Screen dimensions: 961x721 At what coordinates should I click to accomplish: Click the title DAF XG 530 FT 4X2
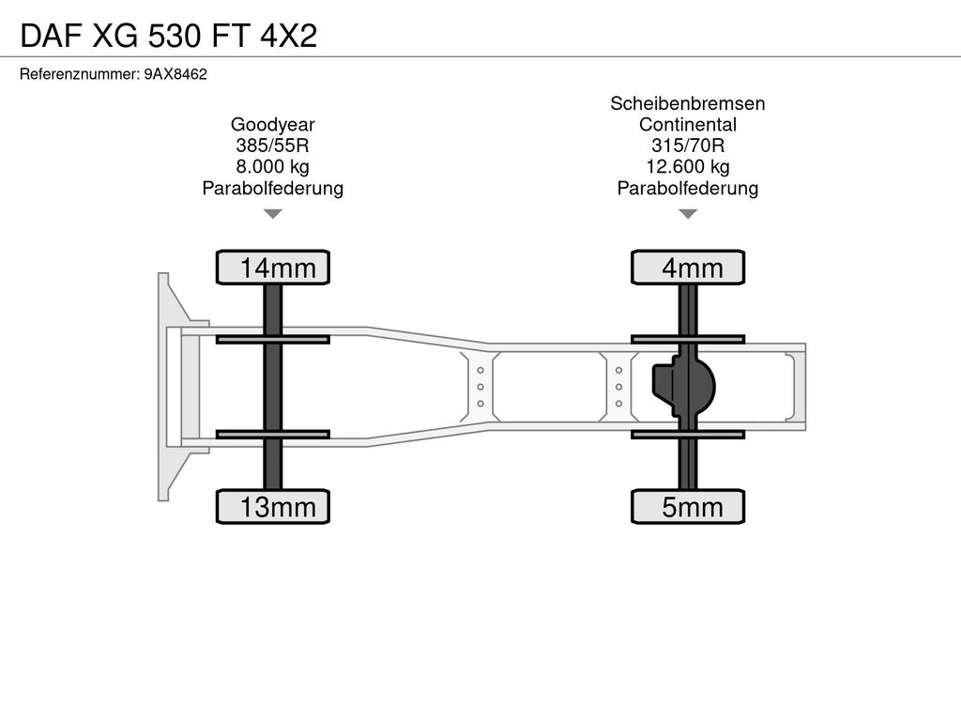click(169, 36)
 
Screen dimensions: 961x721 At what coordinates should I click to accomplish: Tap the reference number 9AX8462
click(175, 74)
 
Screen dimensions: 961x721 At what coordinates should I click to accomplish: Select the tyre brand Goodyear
click(273, 125)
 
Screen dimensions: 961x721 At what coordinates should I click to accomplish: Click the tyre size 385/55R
click(273, 146)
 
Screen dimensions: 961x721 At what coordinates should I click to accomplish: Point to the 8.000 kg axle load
click(273, 166)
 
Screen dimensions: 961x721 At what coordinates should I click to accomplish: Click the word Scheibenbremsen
click(688, 103)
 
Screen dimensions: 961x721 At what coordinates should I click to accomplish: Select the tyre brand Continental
click(688, 125)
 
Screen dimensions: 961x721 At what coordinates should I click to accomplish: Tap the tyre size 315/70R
click(688, 146)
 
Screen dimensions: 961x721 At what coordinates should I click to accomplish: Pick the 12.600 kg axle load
click(688, 166)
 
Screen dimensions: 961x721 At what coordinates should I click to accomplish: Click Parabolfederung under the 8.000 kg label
click(273, 188)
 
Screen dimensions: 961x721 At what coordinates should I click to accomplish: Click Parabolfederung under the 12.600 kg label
click(688, 188)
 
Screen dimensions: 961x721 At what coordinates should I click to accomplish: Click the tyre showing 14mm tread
click(273, 268)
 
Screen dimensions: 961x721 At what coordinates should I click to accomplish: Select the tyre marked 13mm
click(273, 506)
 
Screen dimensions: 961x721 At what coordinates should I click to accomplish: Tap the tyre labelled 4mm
click(688, 268)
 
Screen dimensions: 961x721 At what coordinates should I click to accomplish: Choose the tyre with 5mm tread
click(688, 506)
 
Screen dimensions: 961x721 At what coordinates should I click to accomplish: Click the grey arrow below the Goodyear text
click(273, 213)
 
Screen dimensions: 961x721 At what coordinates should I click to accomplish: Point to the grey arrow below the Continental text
click(688, 213)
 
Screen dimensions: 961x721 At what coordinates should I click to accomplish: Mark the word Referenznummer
click(79, 74)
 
